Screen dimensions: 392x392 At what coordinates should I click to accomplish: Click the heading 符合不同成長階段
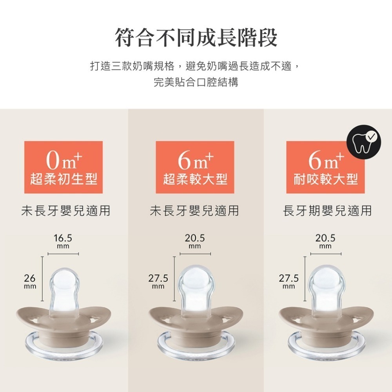(196, 38)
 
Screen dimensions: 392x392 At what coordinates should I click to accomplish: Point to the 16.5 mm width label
(63, 241)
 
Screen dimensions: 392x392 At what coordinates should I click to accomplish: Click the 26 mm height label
(29, 281)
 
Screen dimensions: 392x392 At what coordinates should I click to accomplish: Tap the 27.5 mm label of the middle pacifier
(158, 281)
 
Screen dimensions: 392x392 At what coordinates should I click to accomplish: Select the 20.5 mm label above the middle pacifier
(195, 241)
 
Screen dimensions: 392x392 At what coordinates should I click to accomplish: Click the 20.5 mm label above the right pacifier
(325, 241)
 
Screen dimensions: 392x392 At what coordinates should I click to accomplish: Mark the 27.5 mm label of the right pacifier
(289, 281)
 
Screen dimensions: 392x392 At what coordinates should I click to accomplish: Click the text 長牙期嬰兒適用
(327, 211)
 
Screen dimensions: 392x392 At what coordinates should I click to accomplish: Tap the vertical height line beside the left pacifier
(42, 278)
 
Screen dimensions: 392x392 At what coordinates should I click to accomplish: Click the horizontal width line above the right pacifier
(326, 255)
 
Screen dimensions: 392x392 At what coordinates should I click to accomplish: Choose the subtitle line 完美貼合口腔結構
(196, 83)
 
